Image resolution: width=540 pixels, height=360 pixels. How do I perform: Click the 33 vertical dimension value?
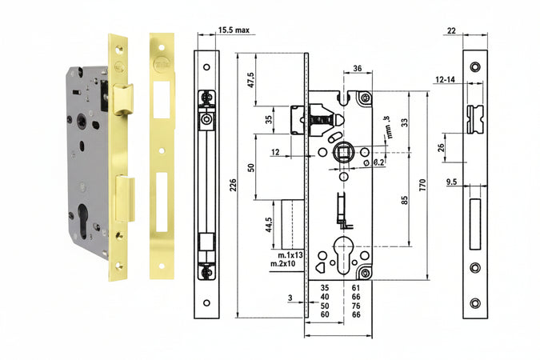(x=404, y=122)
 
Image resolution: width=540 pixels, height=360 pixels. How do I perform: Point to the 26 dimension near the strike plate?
(x=441, y=147)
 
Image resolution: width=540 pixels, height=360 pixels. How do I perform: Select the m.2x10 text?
(x=282, y=264)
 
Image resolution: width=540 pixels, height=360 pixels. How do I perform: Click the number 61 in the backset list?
(x=355, y=286)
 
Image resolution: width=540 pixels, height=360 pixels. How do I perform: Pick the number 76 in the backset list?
(x=355, y=306)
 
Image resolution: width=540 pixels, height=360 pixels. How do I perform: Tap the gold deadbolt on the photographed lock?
(x=125, y=198)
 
